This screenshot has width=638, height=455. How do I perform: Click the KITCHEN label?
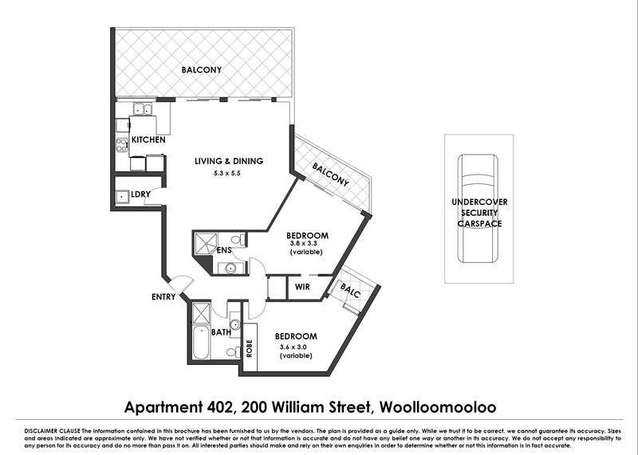[148, 140]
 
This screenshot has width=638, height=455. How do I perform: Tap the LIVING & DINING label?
[229, 161]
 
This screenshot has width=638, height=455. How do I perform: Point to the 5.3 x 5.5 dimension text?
[229, 173]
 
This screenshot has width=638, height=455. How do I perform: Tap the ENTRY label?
[164, 297]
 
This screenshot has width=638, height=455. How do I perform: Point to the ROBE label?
[249, 347]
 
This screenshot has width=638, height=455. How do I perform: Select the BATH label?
[221, 331]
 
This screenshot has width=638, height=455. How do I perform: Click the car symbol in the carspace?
[477, 206]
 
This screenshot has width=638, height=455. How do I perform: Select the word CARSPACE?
[478, 225]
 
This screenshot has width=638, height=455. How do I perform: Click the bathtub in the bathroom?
[201, 345]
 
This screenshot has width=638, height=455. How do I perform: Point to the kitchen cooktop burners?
[122, 145]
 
